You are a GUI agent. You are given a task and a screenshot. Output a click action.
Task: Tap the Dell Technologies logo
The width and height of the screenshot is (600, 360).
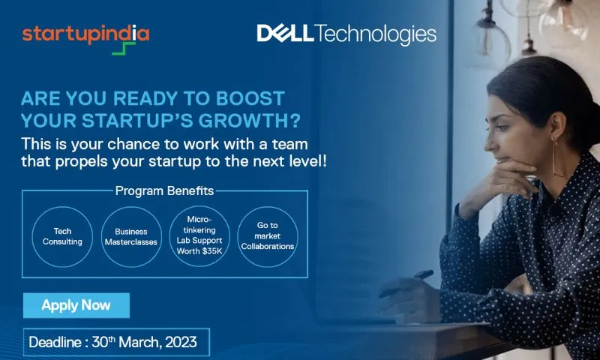[x=346, y=34]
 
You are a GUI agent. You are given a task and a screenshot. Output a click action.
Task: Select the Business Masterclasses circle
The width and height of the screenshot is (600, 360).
[x=131, y=237]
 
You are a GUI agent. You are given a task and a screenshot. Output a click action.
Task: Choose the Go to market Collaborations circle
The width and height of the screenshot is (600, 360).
[x=268, y=237]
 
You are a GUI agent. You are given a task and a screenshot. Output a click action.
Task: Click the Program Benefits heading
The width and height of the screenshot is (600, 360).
[x=164, y=190]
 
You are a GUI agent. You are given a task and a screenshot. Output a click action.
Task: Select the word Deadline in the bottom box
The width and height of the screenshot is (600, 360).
[x=55, y=343]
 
